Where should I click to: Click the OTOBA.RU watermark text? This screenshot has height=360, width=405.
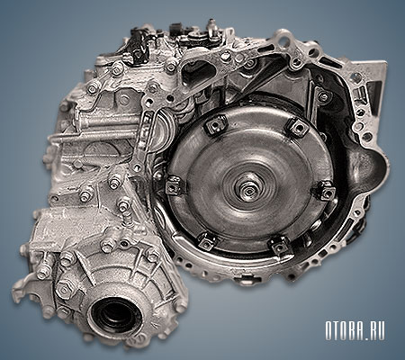(x=355, y=331)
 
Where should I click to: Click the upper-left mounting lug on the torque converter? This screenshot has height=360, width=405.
(x=216, y=125)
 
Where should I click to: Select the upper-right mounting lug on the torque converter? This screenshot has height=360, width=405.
(x=298, y=128)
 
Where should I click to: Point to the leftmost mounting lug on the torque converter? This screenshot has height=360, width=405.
(x=174, y=185)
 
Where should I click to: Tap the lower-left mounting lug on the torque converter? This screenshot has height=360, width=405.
(x=207, y=241)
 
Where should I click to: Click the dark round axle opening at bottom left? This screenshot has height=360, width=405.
(x=116, y=313)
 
